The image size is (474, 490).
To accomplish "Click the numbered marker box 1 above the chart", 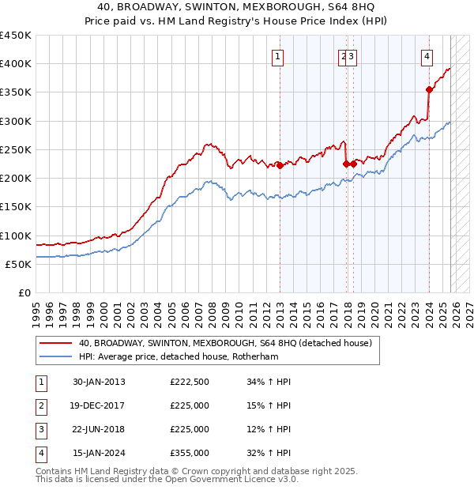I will [x=279, y=56].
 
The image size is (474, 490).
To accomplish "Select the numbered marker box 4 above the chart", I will [x=427, y=56].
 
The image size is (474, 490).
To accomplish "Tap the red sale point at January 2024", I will [x=429, y=89].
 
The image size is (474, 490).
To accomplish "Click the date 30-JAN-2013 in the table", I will [x=99, y=382].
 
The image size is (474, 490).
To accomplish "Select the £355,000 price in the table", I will [x=190, y=453].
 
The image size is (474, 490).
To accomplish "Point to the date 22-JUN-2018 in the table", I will [x=99, y=429].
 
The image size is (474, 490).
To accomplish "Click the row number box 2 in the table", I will [x=39, y=405].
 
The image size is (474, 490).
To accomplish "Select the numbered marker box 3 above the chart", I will [x=351, y=56].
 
